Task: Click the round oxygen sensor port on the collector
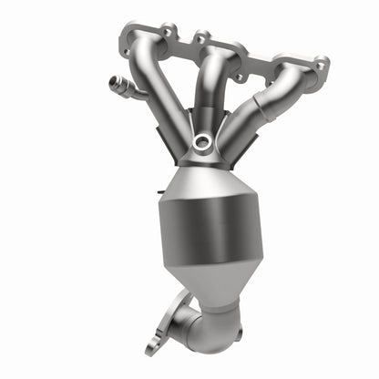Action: click(202, 143)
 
